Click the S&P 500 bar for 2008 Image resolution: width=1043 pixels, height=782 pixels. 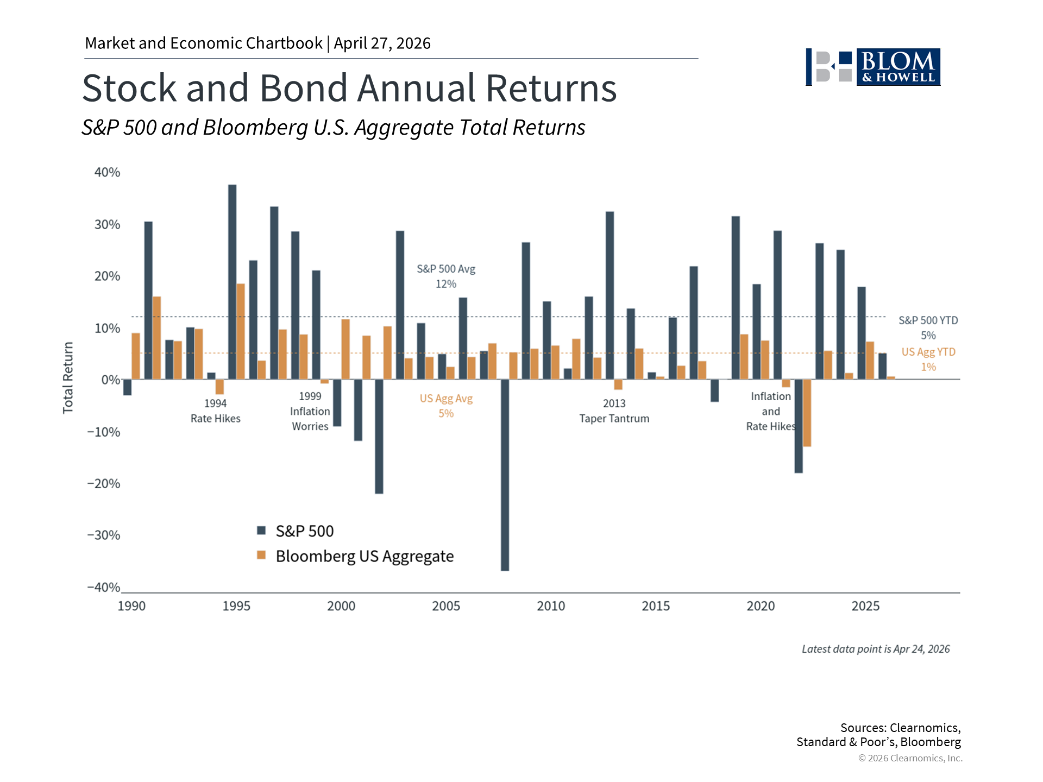(x=505, y=475)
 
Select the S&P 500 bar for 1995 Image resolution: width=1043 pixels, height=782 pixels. (x=232, y=282)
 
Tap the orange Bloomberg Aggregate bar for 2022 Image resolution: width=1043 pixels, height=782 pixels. (x=807, y=413)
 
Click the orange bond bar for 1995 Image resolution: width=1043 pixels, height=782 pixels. (x=241, y=331)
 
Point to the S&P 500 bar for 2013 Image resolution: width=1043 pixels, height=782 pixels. (x=610, y=295)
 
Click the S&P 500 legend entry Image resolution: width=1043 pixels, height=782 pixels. (x=296, y=531)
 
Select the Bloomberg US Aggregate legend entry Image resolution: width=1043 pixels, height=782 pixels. (x=355, y=556)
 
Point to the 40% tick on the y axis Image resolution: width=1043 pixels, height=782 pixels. (x=107, y=173)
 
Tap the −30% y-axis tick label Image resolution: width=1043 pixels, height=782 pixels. (x=104, y=535)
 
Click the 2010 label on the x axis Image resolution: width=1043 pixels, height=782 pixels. (x=551, y=606)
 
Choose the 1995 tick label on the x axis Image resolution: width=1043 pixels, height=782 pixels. (x=236, y=606)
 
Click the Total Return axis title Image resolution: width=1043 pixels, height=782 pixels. (x=68, y=378)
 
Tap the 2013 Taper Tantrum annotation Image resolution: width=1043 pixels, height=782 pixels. (x=614, y=411)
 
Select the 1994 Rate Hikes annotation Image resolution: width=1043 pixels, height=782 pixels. (x=215, y=411)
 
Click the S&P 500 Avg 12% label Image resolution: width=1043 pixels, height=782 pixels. (x=446, y=276)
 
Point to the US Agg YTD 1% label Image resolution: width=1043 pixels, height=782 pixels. (x=928, y=360)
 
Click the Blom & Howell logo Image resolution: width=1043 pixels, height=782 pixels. (x=873, y=67)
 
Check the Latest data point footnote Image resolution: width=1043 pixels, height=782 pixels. (x=875, y=649)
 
